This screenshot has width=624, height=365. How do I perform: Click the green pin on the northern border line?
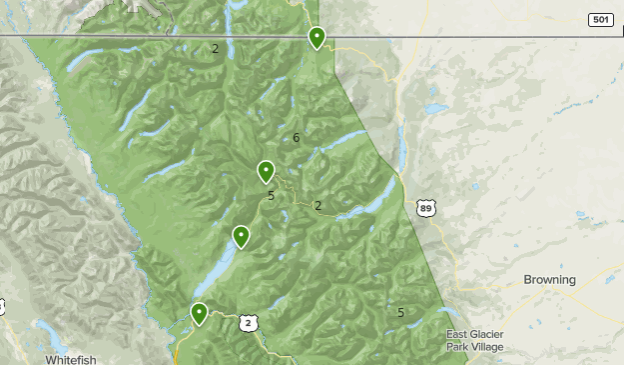(316, 38)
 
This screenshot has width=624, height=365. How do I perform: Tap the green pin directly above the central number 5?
(266, 171)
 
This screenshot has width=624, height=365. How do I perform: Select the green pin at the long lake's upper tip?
(241, 236)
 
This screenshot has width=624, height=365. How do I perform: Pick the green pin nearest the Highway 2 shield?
(200, 314)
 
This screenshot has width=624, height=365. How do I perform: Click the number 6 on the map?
(297, 137)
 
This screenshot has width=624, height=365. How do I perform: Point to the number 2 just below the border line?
(215, 48)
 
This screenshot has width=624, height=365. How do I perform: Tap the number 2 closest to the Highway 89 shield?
(317, 206)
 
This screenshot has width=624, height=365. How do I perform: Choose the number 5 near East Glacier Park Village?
(400, 312)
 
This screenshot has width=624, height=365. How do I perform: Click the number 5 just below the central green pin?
(271, 196)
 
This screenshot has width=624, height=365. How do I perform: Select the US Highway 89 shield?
(426, 207)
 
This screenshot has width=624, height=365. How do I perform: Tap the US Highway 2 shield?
(249, 322)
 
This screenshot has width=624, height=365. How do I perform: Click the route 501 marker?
(600, 19)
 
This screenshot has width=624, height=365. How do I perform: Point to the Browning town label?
(549, 280)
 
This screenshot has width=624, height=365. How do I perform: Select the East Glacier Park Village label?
(474, 341)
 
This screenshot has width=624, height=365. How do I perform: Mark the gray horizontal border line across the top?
(150, 36)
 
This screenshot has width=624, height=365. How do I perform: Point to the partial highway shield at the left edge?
(2, 306)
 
